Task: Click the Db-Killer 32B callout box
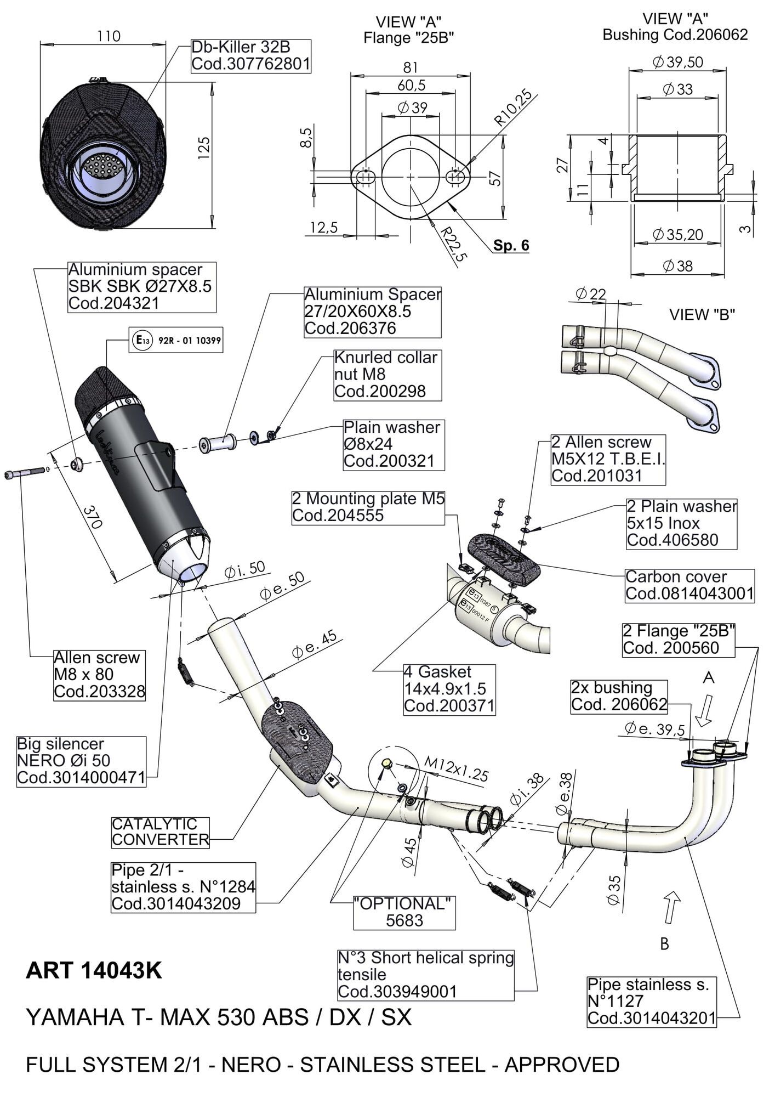pos(251,55)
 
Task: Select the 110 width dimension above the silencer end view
pos(109,36)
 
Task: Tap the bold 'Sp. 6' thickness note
pos(511,245)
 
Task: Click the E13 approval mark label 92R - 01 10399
pos(176,341)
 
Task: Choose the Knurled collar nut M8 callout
pos(387,375)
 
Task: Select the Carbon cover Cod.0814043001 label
pos(689,585)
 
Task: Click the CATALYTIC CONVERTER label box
pos(160,832)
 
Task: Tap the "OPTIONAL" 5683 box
pos(404,911)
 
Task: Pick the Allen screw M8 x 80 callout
pos(99,674)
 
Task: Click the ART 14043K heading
pos(94,971)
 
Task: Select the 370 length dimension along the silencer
pos(93,516)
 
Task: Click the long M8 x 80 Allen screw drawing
pos(25,472)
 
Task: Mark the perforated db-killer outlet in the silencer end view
pos(104,167)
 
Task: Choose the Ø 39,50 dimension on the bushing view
pos(677,62)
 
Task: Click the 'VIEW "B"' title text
pos(702,314)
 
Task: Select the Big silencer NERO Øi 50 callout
pos(81,761)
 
